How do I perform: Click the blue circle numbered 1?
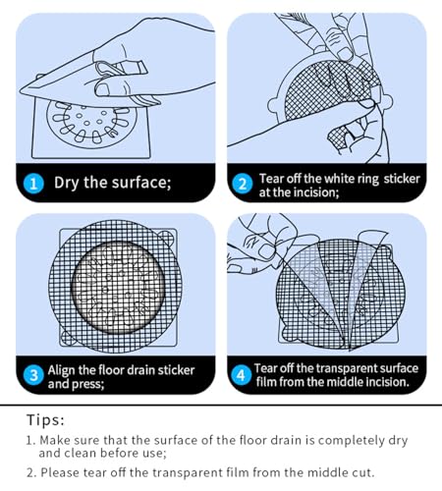click(x=33, y=184)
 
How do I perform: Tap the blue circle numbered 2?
click(x=243, y=184)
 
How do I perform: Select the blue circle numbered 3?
click(x=33, y=375)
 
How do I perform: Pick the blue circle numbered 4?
click(x=241, y=375)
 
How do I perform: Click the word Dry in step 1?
click(x=67, y=183)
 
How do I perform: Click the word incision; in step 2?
click(x=316, y=192)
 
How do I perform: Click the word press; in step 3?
click(x=89, y=384)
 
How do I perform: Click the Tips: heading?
click(x=45, y=419)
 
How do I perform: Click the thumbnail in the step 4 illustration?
click(x=266, y=251)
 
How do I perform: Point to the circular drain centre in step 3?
click(x=118, y=288)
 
